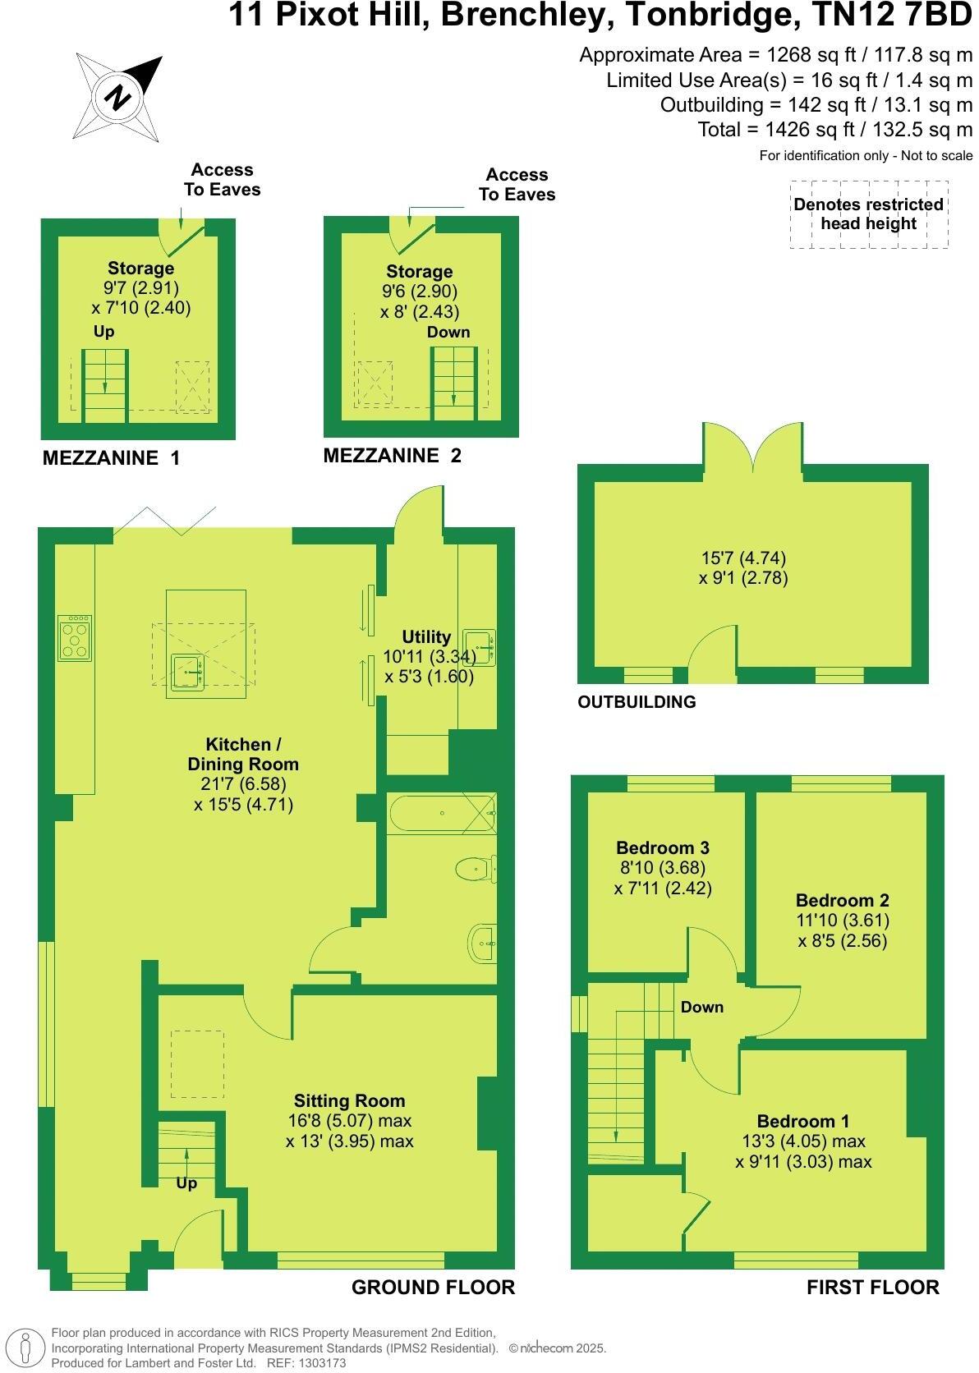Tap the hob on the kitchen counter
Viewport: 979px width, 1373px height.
click(x=75, y=638)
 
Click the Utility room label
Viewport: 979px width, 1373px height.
click(x=426, y=636)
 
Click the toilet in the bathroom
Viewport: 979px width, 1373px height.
click(x=475, y=867)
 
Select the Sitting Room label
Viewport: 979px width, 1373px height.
click(x=349, y=1100)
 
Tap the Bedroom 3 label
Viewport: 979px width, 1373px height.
click(x=662, y=847)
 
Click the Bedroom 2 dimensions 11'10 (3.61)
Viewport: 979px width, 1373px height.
click(x=843, y=920)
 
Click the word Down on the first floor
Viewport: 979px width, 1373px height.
click(x=701, y=1007)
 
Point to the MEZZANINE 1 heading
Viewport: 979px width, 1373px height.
click(x=111, y=458)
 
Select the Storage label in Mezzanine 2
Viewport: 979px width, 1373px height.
click(x=419, y=271)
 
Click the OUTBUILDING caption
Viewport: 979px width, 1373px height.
click(x=637, y=702)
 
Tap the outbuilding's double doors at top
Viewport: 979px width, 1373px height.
click(x=751, y=448)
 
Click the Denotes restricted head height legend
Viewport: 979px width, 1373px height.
click(x=868, y=214)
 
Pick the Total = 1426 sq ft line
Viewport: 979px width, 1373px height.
click(x=834, y=129)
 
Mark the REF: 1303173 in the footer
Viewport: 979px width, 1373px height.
click(x=303, y=1362)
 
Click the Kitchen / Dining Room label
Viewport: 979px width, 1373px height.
click(x=243, y=754)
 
